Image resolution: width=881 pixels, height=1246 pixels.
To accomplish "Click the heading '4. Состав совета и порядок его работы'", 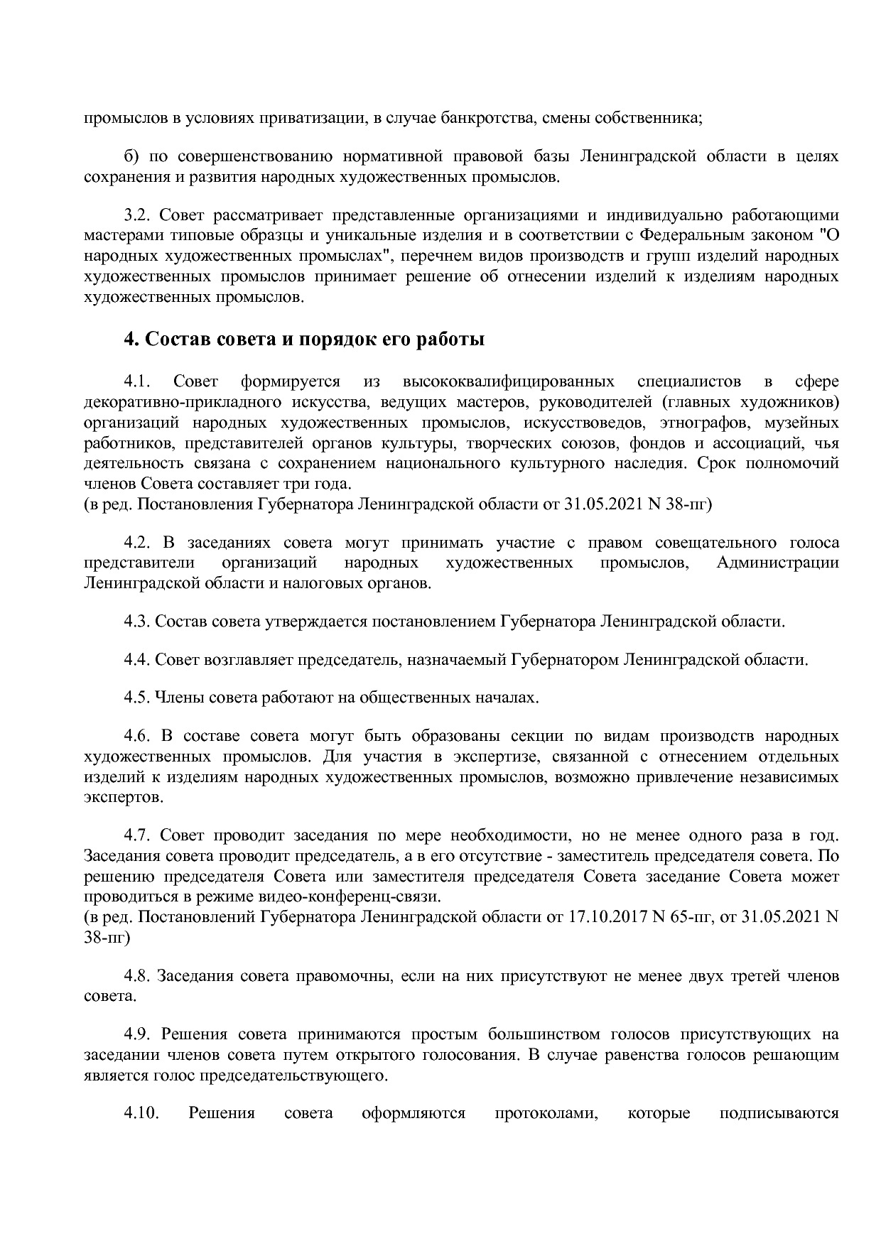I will (305, 340).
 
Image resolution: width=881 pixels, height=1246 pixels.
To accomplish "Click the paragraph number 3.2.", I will (136, 215).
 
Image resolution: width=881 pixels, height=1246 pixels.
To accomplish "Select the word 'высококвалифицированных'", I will (508, 382).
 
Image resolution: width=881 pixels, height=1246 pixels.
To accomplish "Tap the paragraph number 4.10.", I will (140, 1112).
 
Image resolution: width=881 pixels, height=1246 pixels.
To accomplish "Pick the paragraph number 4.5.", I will (136, 697).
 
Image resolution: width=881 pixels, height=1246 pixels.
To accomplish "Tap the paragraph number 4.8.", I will (136, 976).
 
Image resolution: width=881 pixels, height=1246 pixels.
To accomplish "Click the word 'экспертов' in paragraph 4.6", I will (122, 797).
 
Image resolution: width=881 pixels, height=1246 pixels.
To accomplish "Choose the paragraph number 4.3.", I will (136, 622).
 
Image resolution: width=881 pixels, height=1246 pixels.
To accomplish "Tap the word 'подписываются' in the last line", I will (779, 1112).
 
